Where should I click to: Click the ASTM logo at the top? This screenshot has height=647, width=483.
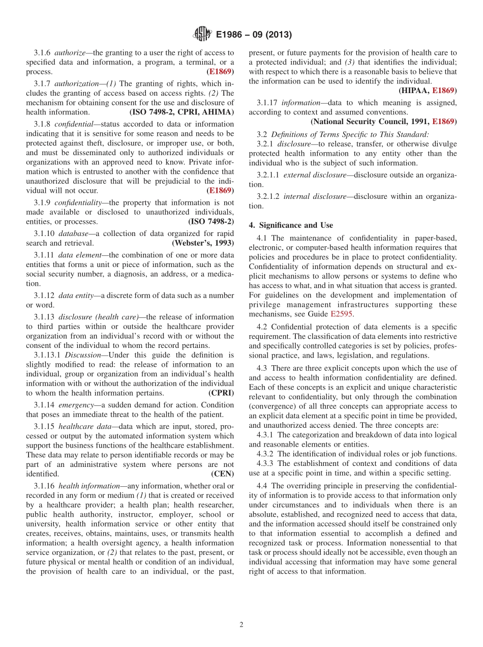click(202, 35)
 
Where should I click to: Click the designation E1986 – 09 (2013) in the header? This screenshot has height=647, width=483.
click(254, 35)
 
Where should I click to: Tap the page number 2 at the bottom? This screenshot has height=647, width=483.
click(242, 625)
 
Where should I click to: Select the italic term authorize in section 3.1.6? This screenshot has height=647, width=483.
click(70, 52)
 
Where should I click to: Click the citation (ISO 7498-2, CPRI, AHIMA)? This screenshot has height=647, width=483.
click(182, 112)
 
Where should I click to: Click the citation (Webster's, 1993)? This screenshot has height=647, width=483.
click(203, 243)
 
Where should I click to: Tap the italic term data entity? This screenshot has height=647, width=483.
click(75, 296)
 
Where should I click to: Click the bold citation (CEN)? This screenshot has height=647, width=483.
click(223, 474)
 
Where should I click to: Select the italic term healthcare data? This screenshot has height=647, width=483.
click(85, 426)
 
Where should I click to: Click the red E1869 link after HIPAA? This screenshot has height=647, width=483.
click(444, 91)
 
